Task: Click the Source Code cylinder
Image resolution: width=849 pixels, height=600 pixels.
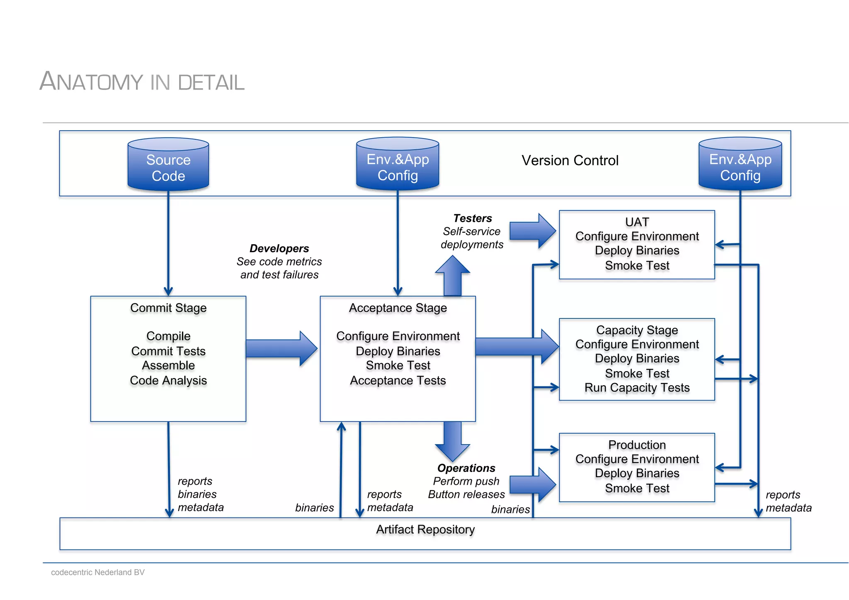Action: click(168, 165)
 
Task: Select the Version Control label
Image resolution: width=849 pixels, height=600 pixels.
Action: click(570, 160)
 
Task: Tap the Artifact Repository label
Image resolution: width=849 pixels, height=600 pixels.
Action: click(425, 530)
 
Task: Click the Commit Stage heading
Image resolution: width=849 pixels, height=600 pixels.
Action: click(168, 308)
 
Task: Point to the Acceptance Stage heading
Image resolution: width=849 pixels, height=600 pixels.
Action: click(398, 308)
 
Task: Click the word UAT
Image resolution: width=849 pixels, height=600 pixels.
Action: click(637, 222)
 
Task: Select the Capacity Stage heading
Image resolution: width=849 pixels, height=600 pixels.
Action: click(637, 330)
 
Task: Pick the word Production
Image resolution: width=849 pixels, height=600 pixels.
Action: click(637, 445)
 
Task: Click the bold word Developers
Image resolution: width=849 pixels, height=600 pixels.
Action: click(279, 248)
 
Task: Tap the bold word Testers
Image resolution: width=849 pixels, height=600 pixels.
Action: click(472, 218)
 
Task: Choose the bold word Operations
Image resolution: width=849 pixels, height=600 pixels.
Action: click(466, 468)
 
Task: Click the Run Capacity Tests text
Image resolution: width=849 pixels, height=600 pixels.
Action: click(637, 388)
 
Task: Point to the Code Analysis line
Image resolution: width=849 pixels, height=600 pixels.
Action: click(168, 381)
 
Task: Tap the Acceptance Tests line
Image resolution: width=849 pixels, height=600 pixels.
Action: click(398, 381)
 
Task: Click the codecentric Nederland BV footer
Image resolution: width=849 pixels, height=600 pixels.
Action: click(98, 572)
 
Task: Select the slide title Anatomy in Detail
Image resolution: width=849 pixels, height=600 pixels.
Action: click(142, 81)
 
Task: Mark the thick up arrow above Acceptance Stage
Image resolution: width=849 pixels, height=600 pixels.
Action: click(452, 276)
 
